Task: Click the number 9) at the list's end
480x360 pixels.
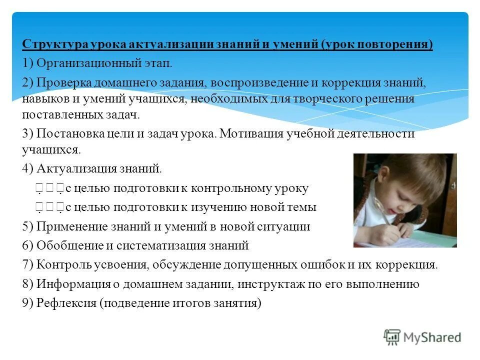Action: (x=27, y=303)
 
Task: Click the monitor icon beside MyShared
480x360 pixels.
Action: (x=392, y=337)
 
